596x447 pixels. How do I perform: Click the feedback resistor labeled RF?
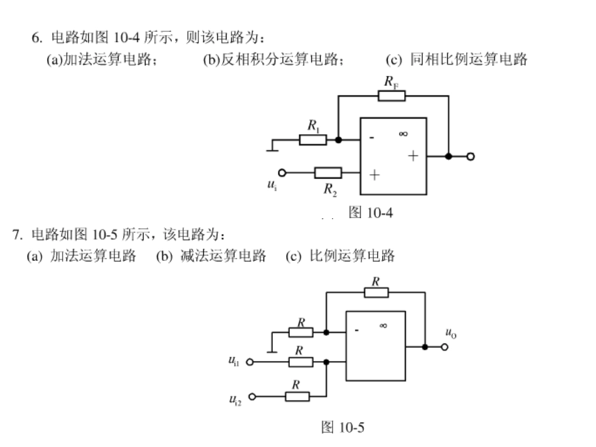(x=391, y=96)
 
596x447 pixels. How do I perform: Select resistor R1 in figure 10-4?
(x=312, y=139)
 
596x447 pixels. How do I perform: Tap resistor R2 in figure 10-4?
(x=327, y=172)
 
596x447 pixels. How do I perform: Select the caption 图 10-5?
(x=343, y=428)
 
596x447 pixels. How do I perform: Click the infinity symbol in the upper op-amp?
(x=403, y=134)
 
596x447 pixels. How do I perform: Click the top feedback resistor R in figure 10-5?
(x=376, y=293)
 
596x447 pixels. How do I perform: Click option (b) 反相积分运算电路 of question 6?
(x=273, y=60)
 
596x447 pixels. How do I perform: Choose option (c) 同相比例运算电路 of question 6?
(x=457, y=60)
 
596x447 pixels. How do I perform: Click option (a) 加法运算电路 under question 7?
(x=82, y=256)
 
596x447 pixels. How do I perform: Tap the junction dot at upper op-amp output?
(x=449, y=156)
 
